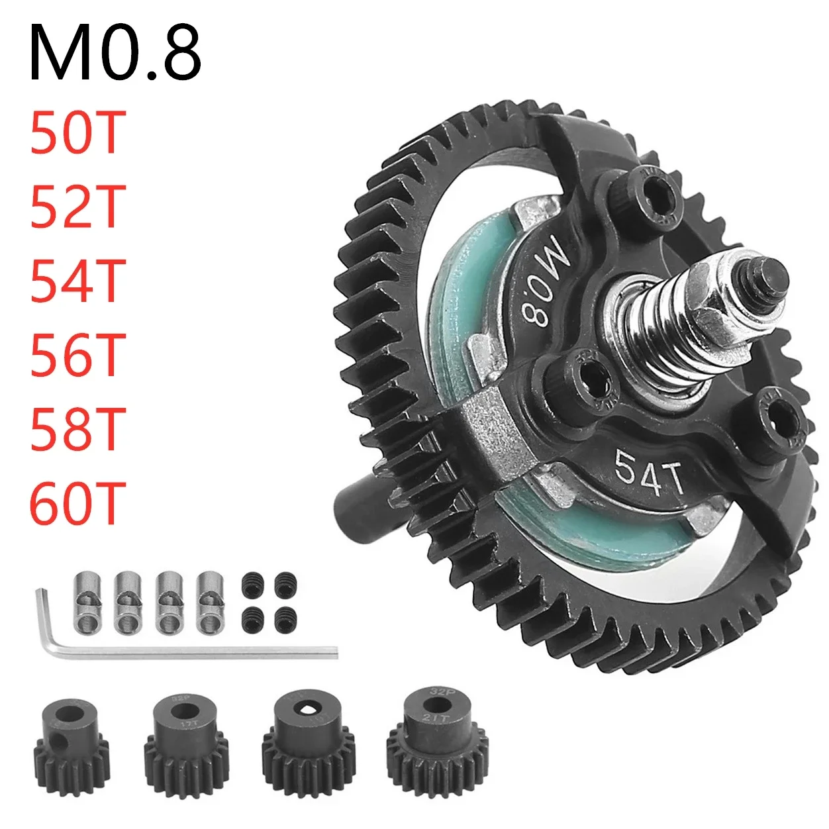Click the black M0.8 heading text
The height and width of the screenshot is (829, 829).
point(115,53)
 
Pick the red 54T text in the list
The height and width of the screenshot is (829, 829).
point(77,281)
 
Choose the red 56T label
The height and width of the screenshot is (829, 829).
point(77,355)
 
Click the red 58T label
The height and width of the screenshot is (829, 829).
point(77,429)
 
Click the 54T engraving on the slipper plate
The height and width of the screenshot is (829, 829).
point(649,471)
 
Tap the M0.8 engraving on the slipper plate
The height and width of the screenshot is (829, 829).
point(547,281)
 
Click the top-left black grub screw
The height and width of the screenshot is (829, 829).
point(251,581)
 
